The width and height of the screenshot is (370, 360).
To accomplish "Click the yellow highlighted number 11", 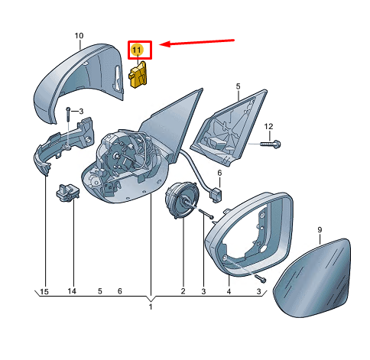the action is [137, 50].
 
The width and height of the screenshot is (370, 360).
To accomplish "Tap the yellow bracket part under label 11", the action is [138, 74].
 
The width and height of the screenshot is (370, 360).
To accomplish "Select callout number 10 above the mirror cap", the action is [79, 36].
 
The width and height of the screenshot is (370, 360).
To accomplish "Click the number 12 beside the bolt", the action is [268, 126].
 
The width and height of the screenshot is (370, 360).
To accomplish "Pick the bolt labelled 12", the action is [271, 144].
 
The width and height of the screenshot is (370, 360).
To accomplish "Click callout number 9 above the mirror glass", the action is [320, 230].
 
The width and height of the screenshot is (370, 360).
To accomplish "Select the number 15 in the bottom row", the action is [44, 291].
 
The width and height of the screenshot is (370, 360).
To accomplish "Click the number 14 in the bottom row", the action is [72, 291].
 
